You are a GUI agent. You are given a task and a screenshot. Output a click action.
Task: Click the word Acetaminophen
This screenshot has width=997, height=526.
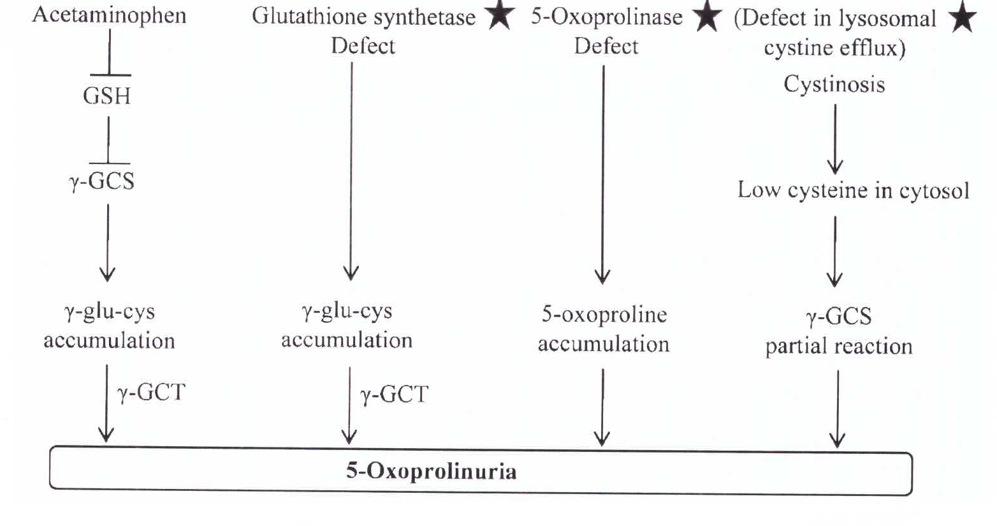(x=109, y=15)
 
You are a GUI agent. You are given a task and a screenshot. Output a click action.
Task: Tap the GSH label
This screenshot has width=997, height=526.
(x=106, y=96)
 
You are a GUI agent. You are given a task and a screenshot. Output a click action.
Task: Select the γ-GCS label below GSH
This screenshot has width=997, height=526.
(x=102, y=181)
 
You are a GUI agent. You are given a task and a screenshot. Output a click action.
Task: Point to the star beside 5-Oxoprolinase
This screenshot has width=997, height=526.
(x=707, y=17)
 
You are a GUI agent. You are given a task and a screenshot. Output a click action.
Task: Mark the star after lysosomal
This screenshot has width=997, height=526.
(x=963, y=19)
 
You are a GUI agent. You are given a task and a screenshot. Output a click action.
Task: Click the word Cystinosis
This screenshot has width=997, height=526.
(x=834, y=84)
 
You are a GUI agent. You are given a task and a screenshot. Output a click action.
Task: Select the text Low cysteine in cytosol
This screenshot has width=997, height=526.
(x=853, y=190)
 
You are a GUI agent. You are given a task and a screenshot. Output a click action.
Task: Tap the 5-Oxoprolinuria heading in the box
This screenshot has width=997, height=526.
(x=431, y=472)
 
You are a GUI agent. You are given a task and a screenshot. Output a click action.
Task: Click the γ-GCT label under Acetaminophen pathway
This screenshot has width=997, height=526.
(x=152, y=392)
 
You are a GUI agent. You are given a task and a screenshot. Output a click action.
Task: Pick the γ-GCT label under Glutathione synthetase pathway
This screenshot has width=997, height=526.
(x=395, y=395)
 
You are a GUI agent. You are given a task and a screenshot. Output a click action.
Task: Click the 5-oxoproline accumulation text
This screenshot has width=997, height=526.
(x=603, y=329)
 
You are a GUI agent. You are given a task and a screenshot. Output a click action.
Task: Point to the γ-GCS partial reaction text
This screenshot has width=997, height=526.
(x=838, y=331)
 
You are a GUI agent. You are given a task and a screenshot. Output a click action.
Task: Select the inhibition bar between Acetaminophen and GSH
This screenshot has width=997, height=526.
(x=109, y=54)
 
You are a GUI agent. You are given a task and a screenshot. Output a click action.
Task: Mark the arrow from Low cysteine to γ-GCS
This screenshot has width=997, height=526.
(x=835, y=251)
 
